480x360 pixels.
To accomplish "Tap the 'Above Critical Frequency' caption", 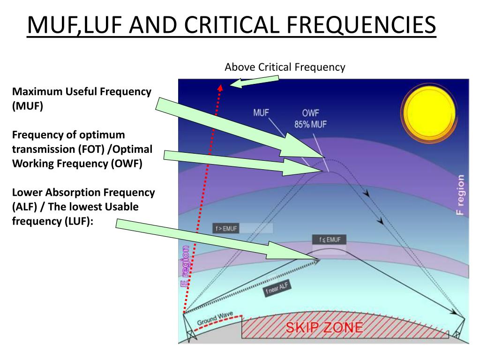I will [285, 67].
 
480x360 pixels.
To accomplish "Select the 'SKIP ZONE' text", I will [324, 327].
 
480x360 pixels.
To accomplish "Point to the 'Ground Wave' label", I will [215, 319].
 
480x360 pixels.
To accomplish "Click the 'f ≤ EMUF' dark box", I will [329, 240].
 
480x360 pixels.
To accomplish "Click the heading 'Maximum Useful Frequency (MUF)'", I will [82, 99].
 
